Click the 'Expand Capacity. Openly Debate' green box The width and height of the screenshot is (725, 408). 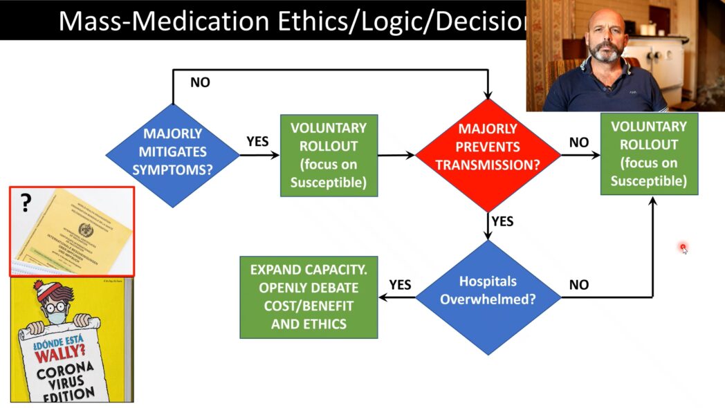309,297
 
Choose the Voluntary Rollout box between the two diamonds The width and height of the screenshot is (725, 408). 329,155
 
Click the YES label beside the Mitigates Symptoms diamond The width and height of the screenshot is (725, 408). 257,142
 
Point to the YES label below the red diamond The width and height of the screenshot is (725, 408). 503,221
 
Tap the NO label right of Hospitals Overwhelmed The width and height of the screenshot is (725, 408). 579,284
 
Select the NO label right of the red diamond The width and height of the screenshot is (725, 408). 579,142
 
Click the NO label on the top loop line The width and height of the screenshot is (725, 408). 199,82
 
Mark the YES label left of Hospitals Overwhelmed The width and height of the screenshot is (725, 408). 400,284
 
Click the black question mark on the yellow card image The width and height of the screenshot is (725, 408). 26,203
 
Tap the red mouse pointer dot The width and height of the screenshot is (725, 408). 683,248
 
